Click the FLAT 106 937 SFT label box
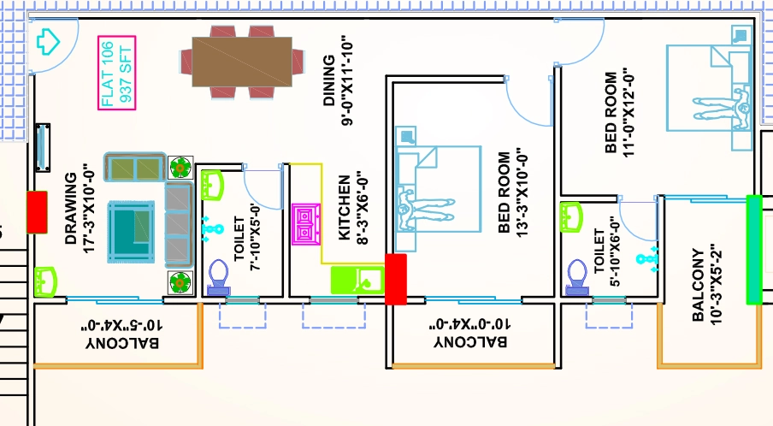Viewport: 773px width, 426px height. point(117,73)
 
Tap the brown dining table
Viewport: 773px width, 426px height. point(241,62)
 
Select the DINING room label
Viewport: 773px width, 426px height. point(339,80)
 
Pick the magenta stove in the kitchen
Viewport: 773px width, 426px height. point(306,224)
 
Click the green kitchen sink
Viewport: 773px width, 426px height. point(357,280)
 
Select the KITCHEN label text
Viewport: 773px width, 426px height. point(353,208)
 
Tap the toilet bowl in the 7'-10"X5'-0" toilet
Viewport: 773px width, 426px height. point(218,278)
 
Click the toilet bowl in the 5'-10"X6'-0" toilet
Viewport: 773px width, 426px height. point(577,277)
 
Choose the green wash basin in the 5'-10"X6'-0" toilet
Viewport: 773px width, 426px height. point(572,217)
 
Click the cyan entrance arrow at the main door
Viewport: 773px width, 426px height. point(48,41)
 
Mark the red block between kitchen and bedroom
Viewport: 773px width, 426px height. point(395,279)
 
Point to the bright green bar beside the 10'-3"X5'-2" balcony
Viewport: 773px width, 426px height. point(754,250)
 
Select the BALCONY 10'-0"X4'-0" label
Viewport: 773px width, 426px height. point(470,334)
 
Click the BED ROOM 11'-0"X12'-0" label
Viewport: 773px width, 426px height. point(619,112)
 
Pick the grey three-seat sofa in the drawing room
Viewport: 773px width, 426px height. point(178,224)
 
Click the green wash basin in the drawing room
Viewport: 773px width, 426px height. point(46,282)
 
